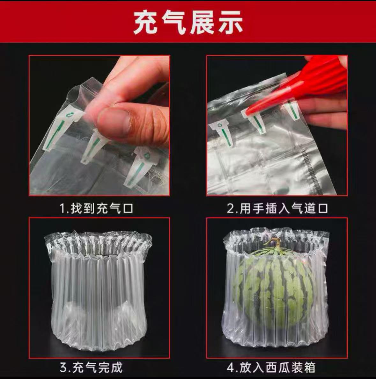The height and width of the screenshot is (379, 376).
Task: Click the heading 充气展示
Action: (x=188, y=23)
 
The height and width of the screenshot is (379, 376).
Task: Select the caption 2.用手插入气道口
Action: (x=277, y=209)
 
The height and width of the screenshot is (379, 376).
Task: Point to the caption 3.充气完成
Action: (x=91, y=367)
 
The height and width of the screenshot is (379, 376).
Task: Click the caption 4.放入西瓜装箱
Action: (x=271, y=367)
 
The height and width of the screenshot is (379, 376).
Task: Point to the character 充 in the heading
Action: (x=145, y=23)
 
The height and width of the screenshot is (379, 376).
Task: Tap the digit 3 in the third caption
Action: (x=63, y=368)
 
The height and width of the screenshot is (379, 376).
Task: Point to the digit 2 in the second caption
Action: (x=230, y=209)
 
